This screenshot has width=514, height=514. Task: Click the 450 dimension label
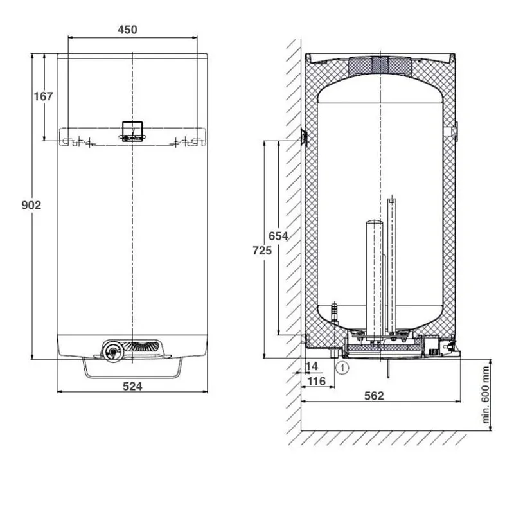point(127,30)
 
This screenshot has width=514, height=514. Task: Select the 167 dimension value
point(43,96)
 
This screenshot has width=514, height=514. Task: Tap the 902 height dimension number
point(31,205)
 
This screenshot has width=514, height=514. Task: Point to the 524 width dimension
point(132,387)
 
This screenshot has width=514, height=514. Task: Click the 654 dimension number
point(278,236)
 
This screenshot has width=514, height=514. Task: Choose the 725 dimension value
point(262,251)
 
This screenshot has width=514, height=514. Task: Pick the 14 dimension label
point(312,366)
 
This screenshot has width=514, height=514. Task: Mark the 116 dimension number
point(317,381)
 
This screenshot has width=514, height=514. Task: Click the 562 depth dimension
point(374,396)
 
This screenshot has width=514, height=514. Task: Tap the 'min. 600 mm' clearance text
point(486,395)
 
